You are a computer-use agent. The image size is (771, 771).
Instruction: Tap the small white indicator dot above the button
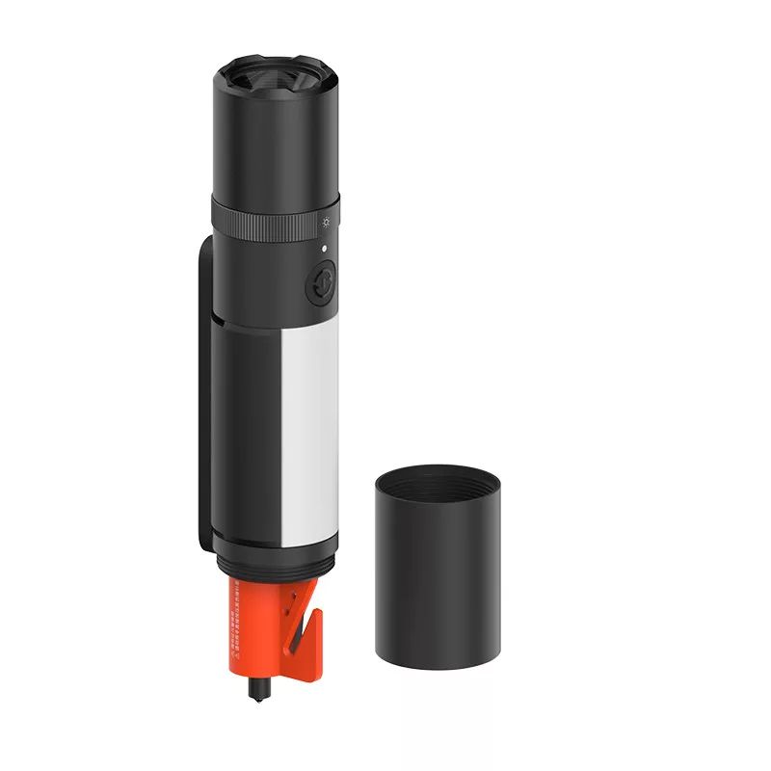tap(325, 249)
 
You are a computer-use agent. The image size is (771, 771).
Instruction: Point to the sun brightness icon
tap(327, 223)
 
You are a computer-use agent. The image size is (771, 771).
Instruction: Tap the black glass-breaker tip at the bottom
tap(257, 690)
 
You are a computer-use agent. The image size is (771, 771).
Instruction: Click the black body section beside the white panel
tap(253, 434)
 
